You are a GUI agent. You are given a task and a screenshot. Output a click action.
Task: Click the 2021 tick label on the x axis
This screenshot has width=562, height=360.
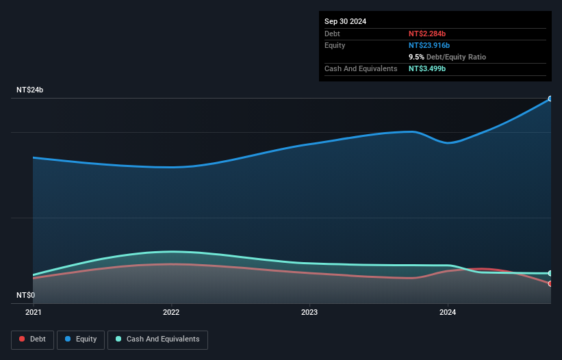coord(33,313)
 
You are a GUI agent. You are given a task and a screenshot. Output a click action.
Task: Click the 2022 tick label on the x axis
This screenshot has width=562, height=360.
coord(171,313)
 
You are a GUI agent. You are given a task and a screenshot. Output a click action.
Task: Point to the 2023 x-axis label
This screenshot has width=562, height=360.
coord(309,313)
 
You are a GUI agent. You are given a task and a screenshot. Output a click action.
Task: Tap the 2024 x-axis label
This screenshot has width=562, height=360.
coord(448,313)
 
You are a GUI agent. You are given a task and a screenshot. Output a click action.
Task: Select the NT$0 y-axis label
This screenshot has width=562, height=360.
coord(25,295)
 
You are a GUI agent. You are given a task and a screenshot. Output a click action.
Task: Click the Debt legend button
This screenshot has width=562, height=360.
coord(33,339)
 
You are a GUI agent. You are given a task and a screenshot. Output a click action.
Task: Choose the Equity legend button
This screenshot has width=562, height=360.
coord(80,339)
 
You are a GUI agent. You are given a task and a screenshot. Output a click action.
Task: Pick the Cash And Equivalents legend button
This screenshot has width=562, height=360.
coord(157,339)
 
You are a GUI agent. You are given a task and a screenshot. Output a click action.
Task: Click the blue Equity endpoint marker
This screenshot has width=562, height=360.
coord(550,99)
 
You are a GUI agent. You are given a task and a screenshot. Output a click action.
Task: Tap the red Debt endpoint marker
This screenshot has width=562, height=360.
coord(550,283)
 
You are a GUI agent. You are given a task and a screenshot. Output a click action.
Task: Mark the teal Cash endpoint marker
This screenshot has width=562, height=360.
coord(550,273)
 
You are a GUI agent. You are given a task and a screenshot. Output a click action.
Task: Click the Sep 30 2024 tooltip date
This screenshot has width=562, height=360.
coord(345,21)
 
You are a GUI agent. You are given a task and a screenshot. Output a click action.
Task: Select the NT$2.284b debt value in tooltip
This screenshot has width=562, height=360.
coord(427,34)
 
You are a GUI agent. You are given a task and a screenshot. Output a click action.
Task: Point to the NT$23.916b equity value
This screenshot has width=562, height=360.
coord(430,45)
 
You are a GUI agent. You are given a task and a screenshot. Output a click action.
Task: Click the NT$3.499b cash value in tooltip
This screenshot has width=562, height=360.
coord(427,68)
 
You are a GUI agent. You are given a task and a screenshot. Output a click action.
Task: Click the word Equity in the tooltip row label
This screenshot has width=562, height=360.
coord(335,45)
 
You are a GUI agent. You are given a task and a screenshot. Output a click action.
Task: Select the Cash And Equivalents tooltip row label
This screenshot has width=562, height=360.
coord(361,68)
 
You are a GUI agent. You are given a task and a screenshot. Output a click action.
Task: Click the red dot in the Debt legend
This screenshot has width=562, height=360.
coord(23,339)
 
